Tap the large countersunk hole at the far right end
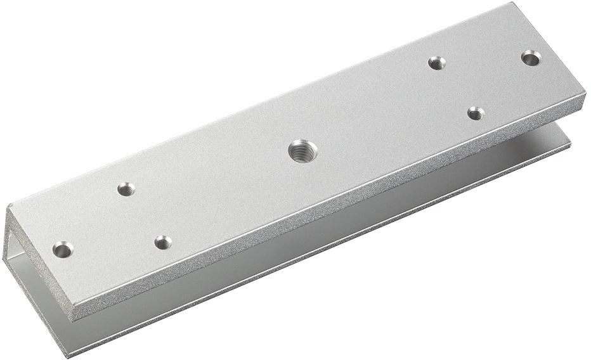[x=531, y=58]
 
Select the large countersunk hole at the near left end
[x=62, y=249]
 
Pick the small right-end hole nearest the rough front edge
[x=476, y=113]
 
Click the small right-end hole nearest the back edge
[x=436, y=63]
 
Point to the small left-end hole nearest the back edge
[x=126, y=189]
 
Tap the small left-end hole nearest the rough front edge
[x=163, y=241]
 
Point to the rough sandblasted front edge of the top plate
[x=317, y=219]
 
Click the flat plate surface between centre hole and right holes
[x=380, y=114]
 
